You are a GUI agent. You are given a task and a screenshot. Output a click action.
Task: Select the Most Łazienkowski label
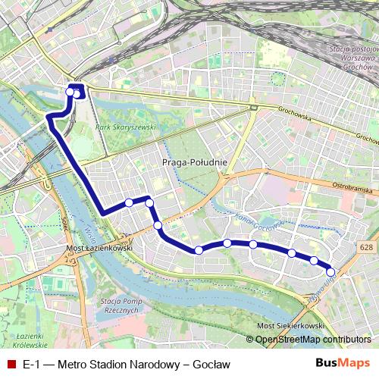pyautogui.click(x=100, y=248)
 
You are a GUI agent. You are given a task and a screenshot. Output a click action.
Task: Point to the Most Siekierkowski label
pyautogui.click(x=291, y=325)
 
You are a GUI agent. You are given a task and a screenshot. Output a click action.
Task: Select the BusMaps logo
pyautogui.click(x=343, y=364)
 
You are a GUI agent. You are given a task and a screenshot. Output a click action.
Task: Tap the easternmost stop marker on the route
pyautogui.click(x=330, y=271)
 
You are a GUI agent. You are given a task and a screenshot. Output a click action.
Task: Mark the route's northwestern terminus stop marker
pyautogui.click(x=70, y=92)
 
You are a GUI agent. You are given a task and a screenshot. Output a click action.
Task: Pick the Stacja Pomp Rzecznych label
pyautogui.click(x=122, y=305)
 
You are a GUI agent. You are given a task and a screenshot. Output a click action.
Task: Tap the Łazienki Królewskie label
pyautogui.click(x=22, y=340)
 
